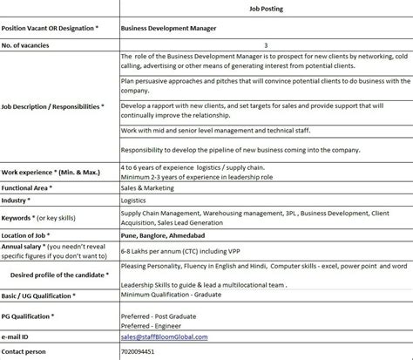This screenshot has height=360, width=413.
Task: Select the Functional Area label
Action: click(x=29, y=188)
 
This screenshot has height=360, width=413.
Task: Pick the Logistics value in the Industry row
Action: click(x=135, y=201)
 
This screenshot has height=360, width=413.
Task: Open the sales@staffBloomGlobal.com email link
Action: click(x=165, y=336)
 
